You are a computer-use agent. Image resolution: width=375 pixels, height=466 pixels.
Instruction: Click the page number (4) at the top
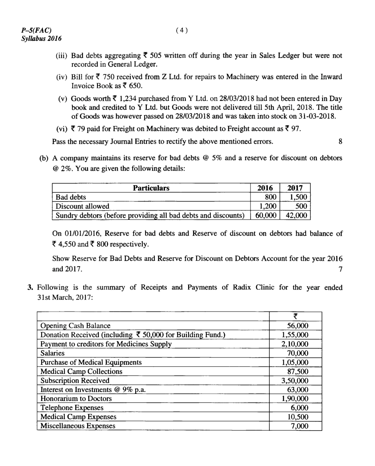(181, 30)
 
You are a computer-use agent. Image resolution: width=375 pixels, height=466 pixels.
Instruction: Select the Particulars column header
(151, 188)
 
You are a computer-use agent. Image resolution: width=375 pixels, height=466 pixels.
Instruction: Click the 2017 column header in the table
(295, 188)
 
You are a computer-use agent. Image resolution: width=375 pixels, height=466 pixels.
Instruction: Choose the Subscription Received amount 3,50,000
(295, 381)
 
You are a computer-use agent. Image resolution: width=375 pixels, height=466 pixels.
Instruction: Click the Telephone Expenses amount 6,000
(299, 408)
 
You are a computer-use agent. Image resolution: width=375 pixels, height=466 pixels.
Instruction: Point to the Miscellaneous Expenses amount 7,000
(299, 426)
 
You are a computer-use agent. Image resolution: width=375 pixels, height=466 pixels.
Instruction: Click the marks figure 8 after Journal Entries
(340, 141)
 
